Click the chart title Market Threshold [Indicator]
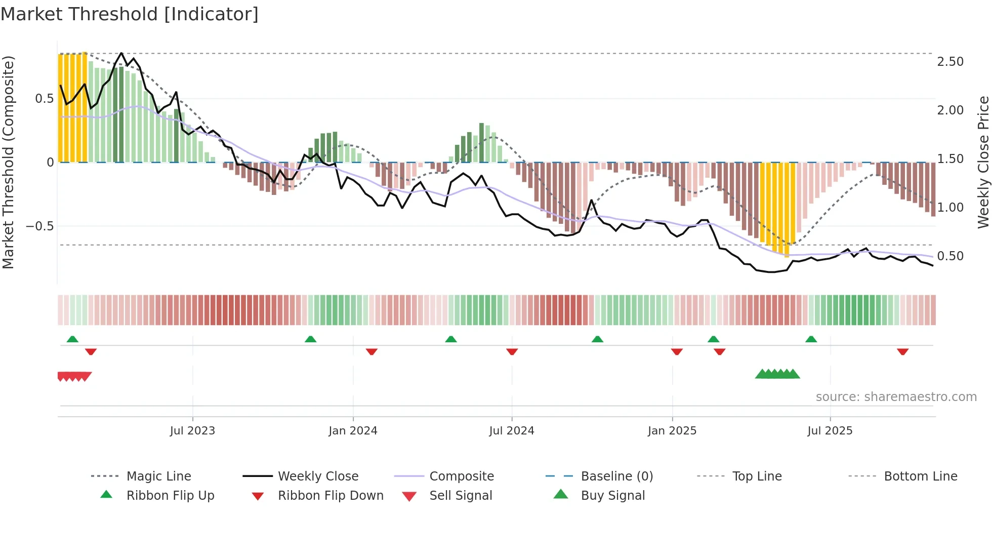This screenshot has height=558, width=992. [x=130, y=14]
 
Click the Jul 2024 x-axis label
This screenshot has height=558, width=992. [x=511, y=431]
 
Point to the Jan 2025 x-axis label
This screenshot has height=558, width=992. [x=672, y=431]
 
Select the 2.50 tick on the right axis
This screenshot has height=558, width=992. [x=950, y=62]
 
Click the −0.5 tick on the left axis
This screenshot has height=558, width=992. [x=39, y=226]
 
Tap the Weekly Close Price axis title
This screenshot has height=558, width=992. [x=983, y=162]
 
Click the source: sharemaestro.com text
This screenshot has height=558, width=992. [x=896, y=397]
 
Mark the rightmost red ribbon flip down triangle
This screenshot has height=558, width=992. [x=902, y=351]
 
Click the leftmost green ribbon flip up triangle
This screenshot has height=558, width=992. [x=72, y=339]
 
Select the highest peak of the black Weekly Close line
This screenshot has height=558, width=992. [x=121, y=53]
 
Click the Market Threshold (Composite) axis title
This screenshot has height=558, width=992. [x=8, y=162]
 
